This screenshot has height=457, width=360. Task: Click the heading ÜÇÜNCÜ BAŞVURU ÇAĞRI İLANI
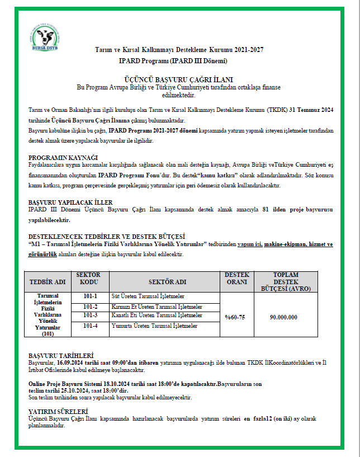coord(179,80)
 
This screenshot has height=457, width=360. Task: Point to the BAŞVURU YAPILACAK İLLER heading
coord(70,202)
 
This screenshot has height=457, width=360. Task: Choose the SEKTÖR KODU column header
coord(89,278)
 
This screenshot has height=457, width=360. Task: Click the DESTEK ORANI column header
coord(237,278)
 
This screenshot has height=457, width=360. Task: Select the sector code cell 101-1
coord(90,296)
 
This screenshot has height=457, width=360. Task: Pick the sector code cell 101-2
coord(90,307)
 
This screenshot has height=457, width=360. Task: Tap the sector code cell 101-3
coord(90,315)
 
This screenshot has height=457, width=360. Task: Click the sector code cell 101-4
coord(90,326)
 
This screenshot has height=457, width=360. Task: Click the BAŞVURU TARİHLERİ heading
coord(61,355)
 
